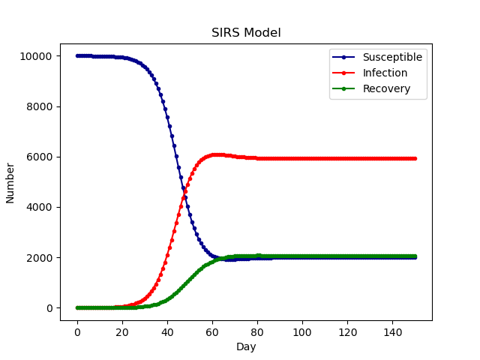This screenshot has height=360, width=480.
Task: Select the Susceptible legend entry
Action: click(x=392, y=57)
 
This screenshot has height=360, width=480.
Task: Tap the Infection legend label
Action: click(x=385, y=73)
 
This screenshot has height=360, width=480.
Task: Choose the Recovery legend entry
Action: click(x=385, y=88)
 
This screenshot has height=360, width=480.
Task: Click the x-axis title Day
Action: click(x=246, y=346)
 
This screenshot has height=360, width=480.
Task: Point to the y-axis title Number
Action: click(x=10, y=182)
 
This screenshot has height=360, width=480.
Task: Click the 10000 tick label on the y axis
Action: click(x=35, y=56)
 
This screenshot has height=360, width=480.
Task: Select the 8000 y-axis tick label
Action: click(x=38, y=106)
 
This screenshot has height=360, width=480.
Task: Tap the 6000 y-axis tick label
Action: click(x=38, y=157)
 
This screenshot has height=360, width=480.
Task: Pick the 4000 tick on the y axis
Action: click(x=38, y=207)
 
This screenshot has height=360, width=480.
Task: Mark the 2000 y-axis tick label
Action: click(x=38, y=257)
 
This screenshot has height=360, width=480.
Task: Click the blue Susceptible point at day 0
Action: click(x=77, y=55)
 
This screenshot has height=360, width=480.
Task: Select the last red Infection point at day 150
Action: click(x=415, y=158)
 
